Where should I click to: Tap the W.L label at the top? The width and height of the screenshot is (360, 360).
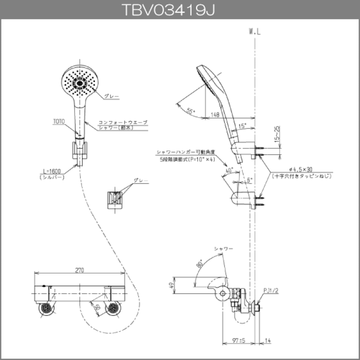point(255,31)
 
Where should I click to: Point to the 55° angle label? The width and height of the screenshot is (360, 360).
point(190,111)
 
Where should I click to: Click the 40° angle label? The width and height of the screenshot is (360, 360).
point(228,171)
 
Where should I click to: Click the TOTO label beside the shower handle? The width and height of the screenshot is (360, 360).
point(59,120)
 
